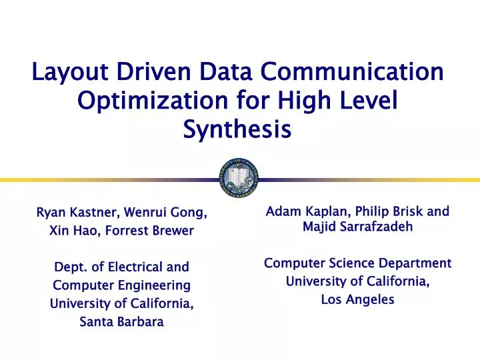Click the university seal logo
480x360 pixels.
(x=239, y=178)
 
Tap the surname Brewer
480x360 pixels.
(x=172, y=231)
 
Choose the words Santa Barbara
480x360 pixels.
(x=121, y=321)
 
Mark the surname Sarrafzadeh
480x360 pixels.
(x=373, y=227)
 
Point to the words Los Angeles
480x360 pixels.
(x=357, y=299)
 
